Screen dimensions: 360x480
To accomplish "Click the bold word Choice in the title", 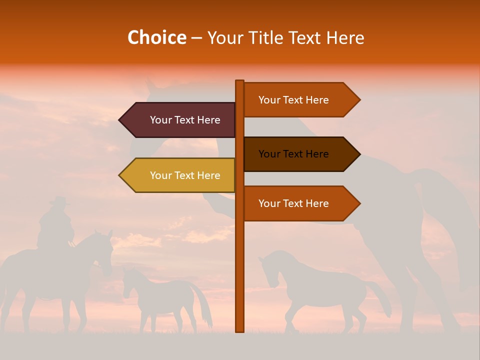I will coord(156,37).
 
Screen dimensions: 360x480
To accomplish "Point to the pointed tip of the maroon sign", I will coord(121,120).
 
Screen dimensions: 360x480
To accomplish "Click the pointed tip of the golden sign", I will coord(121,175).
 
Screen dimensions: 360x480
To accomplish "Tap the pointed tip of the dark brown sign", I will coord(358,154).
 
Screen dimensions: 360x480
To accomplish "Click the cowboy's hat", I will coord(59,201).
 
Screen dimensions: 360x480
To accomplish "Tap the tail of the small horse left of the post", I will coord(205,305).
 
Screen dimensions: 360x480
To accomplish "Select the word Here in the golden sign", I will coord(208,175).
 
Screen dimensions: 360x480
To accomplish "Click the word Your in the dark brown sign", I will coord(269,154).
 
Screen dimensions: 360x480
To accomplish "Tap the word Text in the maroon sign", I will coord(184,120).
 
